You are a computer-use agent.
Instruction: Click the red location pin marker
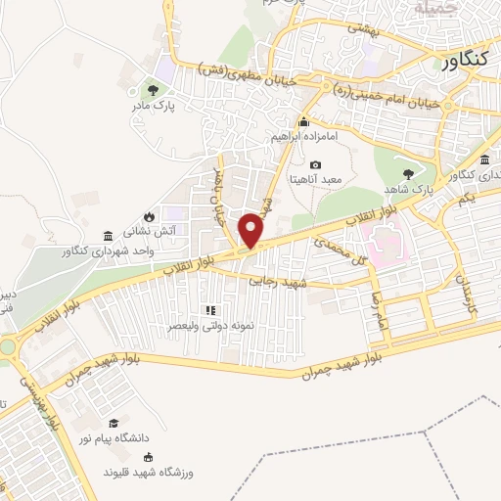coord(252,230)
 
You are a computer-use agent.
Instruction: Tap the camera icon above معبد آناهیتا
coord(315,165)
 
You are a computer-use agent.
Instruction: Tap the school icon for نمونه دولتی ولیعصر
coord(208,310)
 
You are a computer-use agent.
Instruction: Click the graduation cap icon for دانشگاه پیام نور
coord(115,423)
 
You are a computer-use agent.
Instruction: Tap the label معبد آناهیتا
coord(315,182)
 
